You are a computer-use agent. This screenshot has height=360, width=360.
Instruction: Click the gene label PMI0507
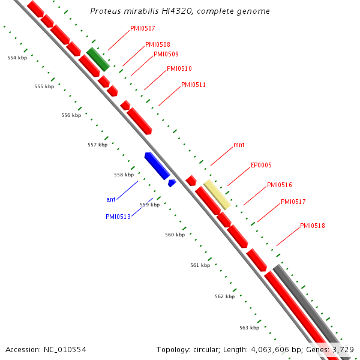142,28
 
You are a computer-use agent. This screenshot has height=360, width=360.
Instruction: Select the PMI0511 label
193,85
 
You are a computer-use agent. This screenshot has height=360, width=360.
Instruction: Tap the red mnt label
239,145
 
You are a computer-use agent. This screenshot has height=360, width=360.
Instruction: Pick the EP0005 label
261,166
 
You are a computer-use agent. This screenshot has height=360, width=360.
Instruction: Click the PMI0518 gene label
312,226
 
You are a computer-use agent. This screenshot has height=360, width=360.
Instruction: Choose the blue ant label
111,199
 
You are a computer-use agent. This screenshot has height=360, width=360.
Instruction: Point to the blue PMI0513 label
118,217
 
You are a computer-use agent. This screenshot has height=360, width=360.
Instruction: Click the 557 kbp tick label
97,145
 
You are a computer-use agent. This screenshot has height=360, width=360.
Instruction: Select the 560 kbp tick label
175,235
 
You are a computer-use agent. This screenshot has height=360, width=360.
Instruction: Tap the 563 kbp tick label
249,328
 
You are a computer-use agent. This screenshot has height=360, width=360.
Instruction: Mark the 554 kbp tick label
17,58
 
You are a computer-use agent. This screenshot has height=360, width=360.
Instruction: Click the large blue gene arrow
157,165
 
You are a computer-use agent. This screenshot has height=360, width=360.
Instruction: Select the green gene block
97,59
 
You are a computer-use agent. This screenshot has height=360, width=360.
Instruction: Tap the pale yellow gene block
217,194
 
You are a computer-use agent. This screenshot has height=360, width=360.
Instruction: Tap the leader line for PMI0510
155,79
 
